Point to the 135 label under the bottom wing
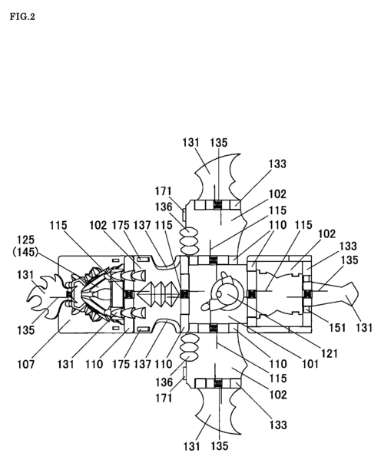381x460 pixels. click(220, 445)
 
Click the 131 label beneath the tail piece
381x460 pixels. click(364, 328)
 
